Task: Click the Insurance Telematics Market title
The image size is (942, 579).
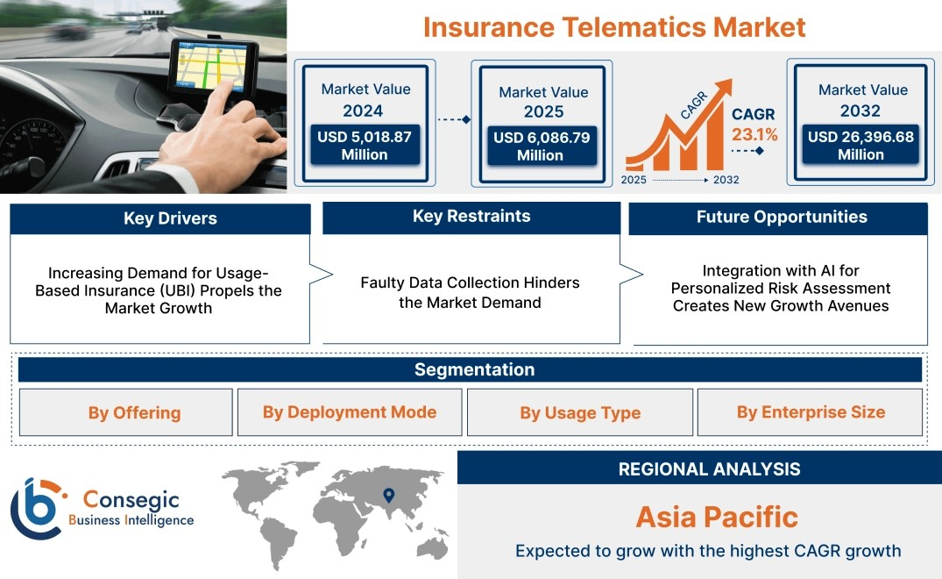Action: click(x=614, y=28)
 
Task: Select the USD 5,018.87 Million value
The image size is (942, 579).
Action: click(x=365, y=146)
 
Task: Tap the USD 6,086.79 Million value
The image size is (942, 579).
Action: click(x=542, y=147)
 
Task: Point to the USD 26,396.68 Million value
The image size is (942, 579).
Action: click(x=861, y=146)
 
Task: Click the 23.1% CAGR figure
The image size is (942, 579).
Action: click(x=754, y=134)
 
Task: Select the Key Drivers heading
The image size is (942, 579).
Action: click(x=171, y=218)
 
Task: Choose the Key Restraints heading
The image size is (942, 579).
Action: click(x=471, y=217)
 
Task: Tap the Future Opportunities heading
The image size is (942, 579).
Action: click(x=782, y=217)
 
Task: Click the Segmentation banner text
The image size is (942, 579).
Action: click(x=475, y=369)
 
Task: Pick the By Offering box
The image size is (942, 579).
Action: click(x=125, y=412)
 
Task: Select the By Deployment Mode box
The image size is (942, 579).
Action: click(x=350, y=412)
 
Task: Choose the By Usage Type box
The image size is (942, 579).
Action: click(x=580, y=412)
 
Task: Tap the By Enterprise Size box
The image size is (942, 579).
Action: click(x=810, y=412)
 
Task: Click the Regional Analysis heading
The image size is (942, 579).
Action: click(x=710, y=469)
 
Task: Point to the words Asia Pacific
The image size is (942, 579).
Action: click(x=718, y=517)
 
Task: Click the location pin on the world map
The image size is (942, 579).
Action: click(x=389, y=495)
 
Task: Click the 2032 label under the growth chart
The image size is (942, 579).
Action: click(x=726, y=180)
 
